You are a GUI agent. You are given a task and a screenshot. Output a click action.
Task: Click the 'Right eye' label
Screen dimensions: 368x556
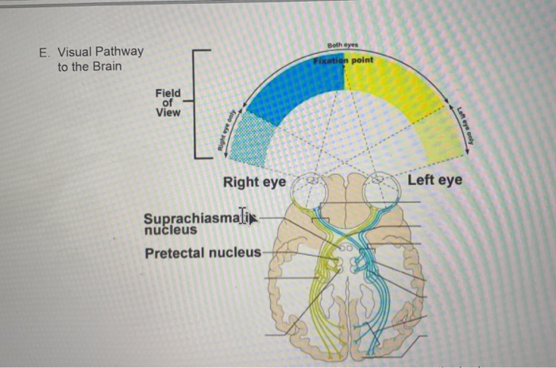(x=254, y=182)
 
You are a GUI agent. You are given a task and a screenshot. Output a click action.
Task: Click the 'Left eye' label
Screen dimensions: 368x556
(x=434, y=180)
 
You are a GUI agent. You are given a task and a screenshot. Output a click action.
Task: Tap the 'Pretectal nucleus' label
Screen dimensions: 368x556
(x=203, y=253)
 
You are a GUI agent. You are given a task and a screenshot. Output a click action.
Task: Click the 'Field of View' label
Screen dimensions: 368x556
(x=168, y=103)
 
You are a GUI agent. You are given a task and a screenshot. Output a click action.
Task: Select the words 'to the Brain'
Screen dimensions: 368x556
(x=90, y=66)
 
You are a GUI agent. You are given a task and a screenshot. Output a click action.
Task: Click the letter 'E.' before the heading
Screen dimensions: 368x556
(x=44, y=52)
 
